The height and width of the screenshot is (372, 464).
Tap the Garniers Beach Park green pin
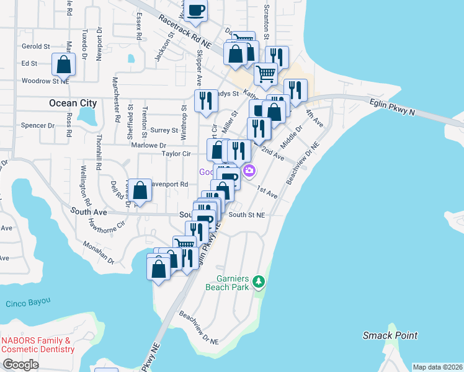pyautogui.click(x=259, y=283)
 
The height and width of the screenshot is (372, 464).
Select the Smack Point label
pyautogui.click(x=390, y=335)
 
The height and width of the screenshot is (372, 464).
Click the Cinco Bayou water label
pyautogui.click(x=28, y=303)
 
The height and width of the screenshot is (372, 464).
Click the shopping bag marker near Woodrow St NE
pyautogui.click(x=63, y=64)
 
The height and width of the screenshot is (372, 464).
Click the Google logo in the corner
pyautogui.click(x=20, y=365)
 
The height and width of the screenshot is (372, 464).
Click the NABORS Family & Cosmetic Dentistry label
pyautogui.click(x=38, y=345)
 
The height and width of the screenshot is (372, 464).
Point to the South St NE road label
pyautogui.click(x=247, y=215)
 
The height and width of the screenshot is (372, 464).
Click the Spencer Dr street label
pyautogui.click(x=38, y=125)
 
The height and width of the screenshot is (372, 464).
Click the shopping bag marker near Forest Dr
pyautogui.click(x=141, y=191)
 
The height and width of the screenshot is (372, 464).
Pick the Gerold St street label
pyautogui.click(x=35, y=46)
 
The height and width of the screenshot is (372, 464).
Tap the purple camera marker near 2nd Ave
pyautogui.click(x=249, y=170)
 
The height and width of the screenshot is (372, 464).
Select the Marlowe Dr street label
pyautogui.click(x=149, y=145)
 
